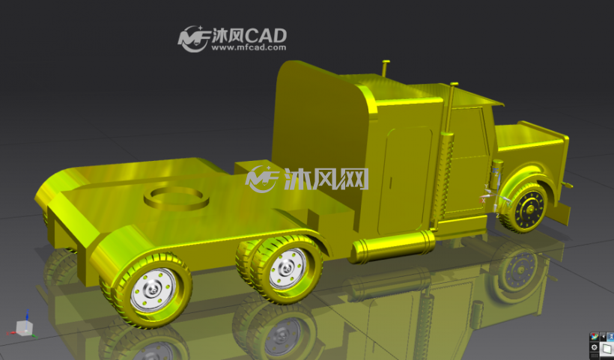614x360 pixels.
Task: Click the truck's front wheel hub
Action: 530,210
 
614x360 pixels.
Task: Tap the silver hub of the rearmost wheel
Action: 153,290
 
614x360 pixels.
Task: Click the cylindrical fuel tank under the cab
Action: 393,246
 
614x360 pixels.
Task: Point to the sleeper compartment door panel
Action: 404,180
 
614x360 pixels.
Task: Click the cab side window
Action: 468,133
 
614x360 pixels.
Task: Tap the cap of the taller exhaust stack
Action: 455,84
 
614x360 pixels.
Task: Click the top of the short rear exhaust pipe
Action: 386,62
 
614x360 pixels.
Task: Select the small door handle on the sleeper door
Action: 390,183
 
